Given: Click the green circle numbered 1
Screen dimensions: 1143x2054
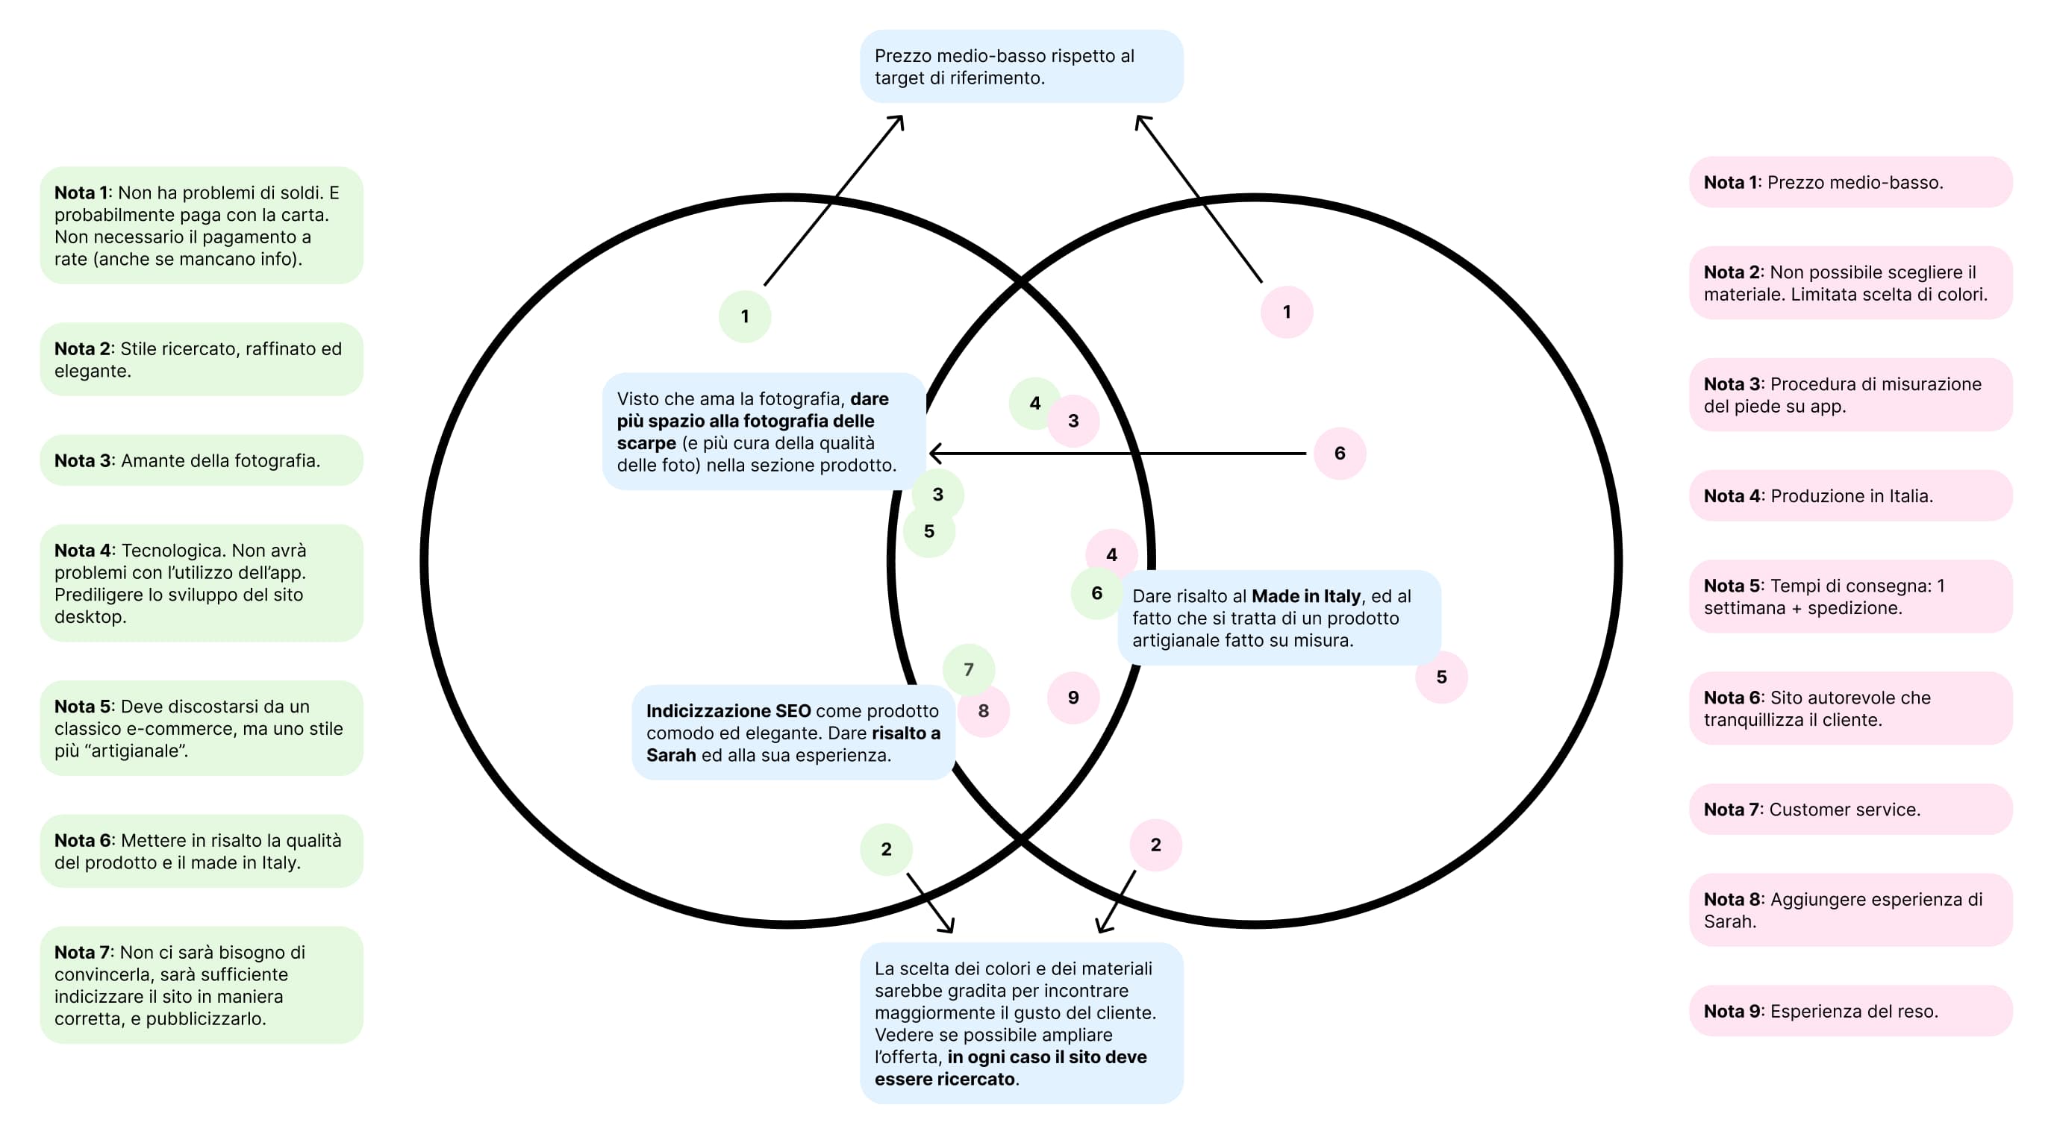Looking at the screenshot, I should (744, 316).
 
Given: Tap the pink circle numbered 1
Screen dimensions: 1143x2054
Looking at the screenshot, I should (1286, 312).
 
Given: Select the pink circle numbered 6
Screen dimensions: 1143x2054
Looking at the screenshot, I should (1339, 454).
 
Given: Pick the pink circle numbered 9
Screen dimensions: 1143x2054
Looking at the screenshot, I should (1073, 698).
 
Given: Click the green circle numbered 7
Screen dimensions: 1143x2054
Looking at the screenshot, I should (968, 668).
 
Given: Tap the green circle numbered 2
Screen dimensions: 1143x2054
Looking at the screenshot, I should (886, 849).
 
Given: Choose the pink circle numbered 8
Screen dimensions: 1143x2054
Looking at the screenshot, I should (984, 711).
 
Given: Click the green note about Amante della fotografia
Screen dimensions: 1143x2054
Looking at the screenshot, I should (201, 461).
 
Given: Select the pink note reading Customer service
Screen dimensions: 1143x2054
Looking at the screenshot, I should (1850, 809).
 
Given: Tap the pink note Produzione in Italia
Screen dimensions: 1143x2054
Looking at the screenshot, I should (1850, 496).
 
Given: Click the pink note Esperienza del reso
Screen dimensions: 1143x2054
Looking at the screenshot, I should (1850, 1011).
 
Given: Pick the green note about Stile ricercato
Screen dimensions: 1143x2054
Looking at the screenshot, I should (201, 360).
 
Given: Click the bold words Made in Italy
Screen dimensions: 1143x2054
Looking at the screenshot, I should (1305, 596).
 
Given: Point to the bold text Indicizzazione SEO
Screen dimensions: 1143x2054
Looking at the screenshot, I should (728, 711).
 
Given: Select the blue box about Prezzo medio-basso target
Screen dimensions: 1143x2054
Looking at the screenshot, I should (1020, 67).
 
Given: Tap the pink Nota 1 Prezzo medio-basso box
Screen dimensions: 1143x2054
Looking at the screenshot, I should (1850, 183).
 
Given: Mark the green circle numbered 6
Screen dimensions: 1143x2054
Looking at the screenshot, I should (1096, 593).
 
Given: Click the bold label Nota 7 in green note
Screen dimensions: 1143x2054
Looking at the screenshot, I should (83, 953).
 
